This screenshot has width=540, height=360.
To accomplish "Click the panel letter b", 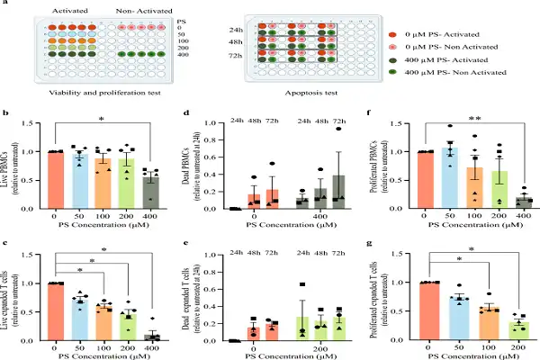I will coord(6,114).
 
